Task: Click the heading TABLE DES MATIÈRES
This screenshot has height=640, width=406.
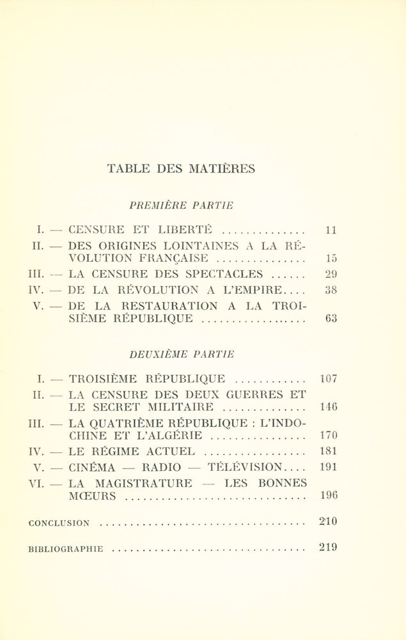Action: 181,169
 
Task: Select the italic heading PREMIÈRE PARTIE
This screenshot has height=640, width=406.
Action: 181,206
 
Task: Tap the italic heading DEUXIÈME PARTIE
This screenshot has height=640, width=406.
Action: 182,354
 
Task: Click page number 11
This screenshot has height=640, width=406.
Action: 330,230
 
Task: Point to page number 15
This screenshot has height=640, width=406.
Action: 330,259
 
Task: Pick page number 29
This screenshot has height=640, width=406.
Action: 330,274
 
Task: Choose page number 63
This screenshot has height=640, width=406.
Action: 330,318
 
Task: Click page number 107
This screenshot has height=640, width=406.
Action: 328,378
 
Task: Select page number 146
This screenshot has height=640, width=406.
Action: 328,406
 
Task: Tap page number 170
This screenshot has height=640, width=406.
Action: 328,436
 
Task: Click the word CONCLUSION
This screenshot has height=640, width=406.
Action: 59,523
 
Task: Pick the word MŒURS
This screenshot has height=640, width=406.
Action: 92,496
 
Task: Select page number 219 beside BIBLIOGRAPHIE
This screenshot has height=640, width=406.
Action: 327,547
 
